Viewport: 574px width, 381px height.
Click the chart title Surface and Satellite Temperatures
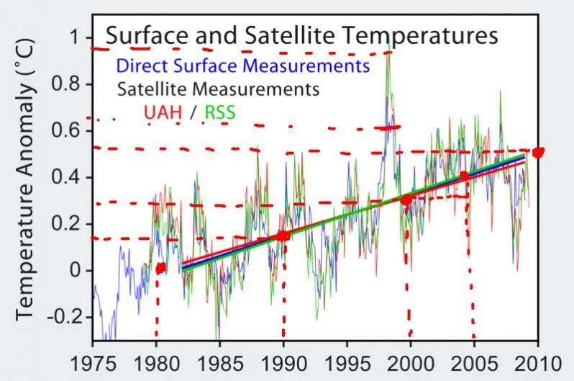pos(302,35)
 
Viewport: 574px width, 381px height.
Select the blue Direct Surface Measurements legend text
pos(242,66)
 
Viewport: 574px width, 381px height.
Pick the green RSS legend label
pos(220,113)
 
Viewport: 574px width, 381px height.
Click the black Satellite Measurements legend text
pos(217,90)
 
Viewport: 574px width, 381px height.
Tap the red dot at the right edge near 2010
pos(537,152)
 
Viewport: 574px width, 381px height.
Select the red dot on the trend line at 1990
pos(283,236)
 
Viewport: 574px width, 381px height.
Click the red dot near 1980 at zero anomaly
pos(160,268)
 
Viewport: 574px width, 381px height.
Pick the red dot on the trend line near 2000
pos(406,200)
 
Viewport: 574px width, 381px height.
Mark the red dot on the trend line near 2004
pos(464,175)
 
